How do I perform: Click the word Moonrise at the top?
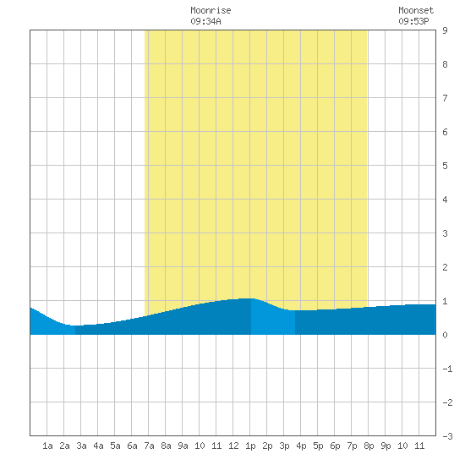[x=211, y=10]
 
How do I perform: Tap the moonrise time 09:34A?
[x=205, y=21]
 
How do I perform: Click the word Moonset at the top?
[x=416, y=10]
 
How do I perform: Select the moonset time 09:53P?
[x=413, y=21]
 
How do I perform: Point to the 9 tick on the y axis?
[x=445, y=30]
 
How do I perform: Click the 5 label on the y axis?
[x=445, y=166]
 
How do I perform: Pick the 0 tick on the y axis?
[x=445, y=335]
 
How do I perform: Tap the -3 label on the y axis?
[x=447, y=436]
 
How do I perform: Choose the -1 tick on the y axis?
[x=447, y=369]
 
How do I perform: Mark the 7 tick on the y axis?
[x=445, y=98]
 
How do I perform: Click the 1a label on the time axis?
[x=47, y=446]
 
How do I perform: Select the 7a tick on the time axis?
[x=149, y=446]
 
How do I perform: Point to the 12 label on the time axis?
[x=233, y=446]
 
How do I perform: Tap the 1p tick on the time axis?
[x=250, y=446]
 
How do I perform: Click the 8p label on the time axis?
[x=369, y=446]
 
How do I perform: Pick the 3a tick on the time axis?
[x=81, y=446]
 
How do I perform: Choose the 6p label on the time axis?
[x=335, y=446]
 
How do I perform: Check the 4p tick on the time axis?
[x=301, y=446]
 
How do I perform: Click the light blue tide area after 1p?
[x=273, y=320]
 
